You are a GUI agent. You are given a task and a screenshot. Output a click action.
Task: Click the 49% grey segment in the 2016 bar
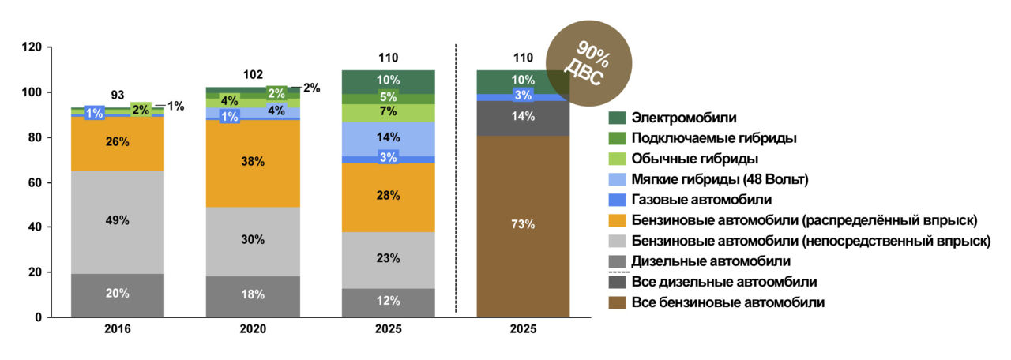[x=118, y=222]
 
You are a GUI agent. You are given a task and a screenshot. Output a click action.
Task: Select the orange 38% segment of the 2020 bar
[x=253, y=162]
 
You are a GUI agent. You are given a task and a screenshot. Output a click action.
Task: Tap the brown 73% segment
[x=523, y=225]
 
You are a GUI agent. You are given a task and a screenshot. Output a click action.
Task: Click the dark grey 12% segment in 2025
[x=388, y=302]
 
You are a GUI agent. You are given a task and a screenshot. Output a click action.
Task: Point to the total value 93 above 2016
[x=118, y=95]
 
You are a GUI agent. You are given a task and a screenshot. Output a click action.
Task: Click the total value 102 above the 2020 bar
[x=253, y=75]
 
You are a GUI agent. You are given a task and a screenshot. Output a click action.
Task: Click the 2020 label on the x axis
[x=253, y=329]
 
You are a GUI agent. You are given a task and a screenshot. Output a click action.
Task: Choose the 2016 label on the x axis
[x=118, y=329]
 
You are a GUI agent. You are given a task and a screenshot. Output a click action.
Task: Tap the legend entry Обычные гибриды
[x=696, y=159]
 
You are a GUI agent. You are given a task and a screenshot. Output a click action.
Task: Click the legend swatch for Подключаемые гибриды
[x=618, y=139]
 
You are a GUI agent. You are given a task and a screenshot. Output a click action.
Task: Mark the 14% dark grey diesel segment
[x=523, y=117]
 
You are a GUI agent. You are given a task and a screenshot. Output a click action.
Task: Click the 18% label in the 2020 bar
[x=253, y=294]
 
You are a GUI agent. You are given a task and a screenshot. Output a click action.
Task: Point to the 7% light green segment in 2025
[x=388, y=112]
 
